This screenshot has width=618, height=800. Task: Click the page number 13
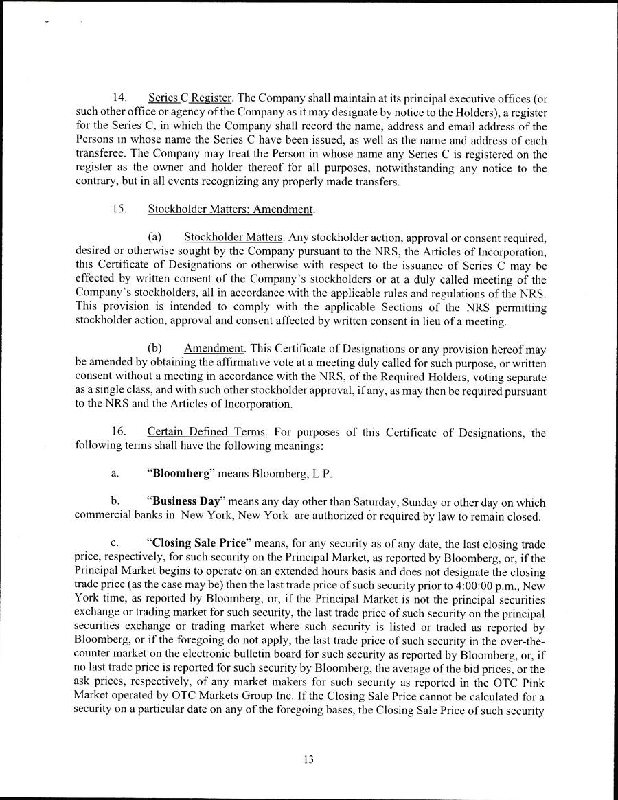308,759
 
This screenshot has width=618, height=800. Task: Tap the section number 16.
119,433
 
